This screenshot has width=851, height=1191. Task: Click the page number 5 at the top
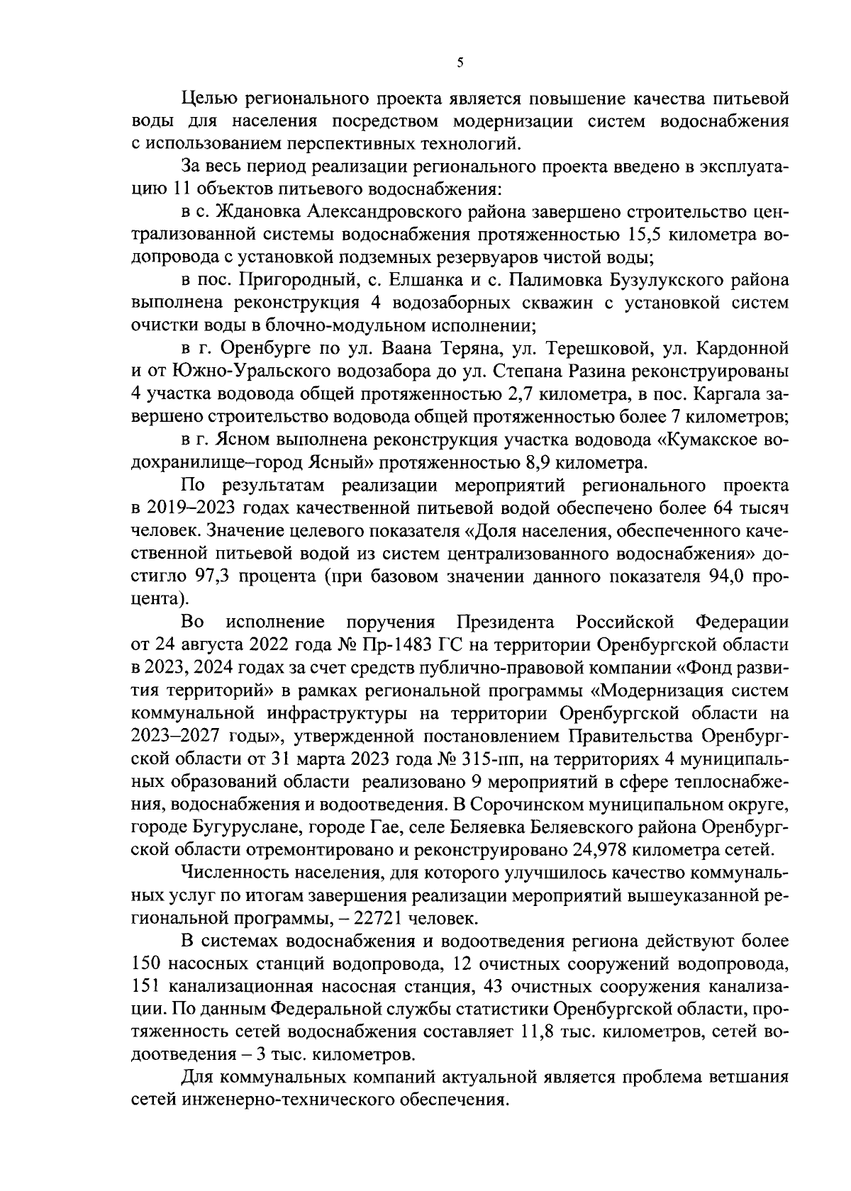tap(460, 63)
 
